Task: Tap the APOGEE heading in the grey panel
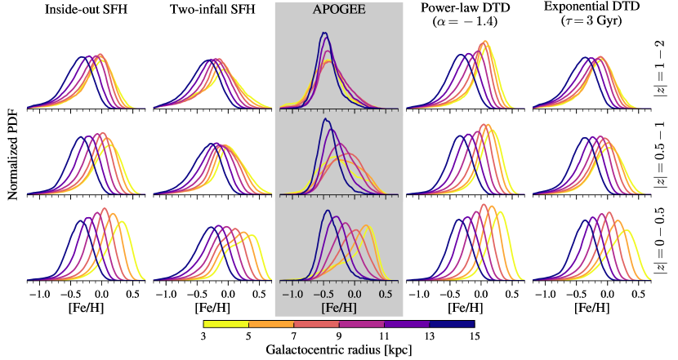pyautogui.click(x=339, y=11)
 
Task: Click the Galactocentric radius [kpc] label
pyautogui.click(x=338, y=350)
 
